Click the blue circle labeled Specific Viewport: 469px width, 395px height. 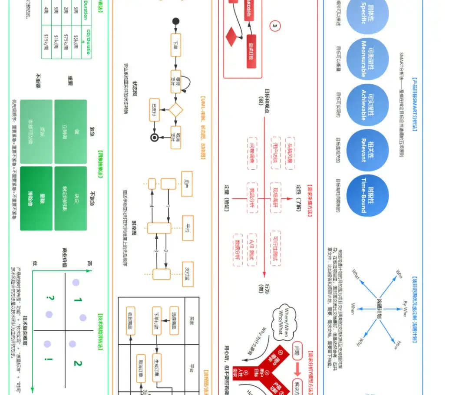tap(368, 18)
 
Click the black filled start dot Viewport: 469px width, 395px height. tap(176, 21)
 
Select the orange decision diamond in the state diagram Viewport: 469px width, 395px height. tap(176, 109)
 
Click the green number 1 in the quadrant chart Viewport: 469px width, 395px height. tap(77, 300)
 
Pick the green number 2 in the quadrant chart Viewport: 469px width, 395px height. tap(77, 363)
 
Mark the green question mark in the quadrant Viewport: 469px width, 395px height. tap(51, 299)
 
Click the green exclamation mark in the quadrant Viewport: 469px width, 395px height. tap(51, 360)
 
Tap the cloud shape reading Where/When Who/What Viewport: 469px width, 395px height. tap(285, 322)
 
